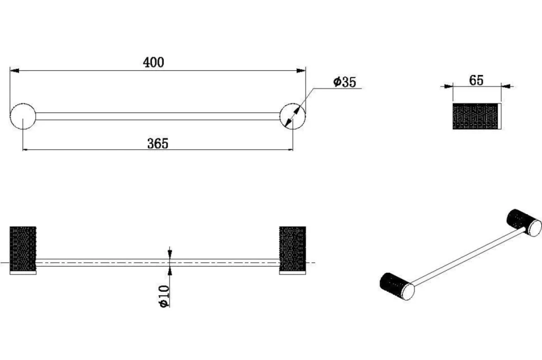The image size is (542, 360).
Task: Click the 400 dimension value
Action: coord(154,62)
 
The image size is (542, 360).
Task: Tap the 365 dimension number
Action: coord(158,143)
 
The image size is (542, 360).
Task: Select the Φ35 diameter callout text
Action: coord(345,82)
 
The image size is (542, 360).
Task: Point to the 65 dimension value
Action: coord(476,80)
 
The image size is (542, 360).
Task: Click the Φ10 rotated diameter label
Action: coord(164,296)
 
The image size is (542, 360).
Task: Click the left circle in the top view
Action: coord(23,116)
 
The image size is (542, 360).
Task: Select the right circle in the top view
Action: coord(292,116)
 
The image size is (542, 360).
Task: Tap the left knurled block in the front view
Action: coord(23,249)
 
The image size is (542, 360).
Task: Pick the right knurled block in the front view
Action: coord(292,249)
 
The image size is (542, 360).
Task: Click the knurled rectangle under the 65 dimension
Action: coord(476,116)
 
